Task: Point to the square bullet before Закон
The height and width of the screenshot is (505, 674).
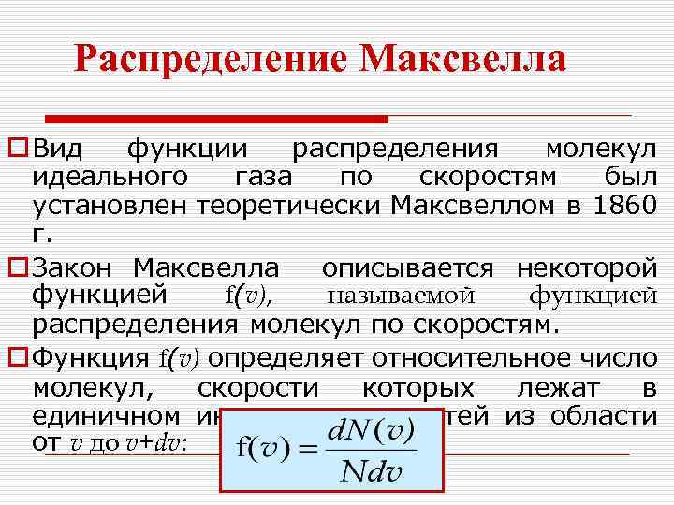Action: click(16, 269)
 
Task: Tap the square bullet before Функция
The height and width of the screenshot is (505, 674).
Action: click(16, 358)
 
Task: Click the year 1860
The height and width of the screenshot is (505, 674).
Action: click(625, 204)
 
